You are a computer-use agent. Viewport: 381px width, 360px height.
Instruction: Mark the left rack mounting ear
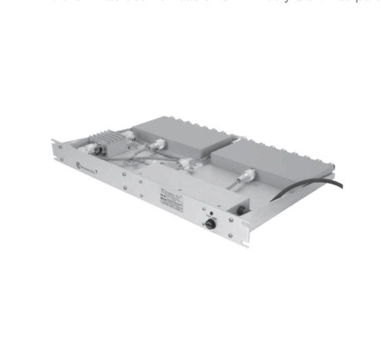click(56, 150)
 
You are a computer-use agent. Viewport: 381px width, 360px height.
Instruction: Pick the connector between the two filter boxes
click(185, 164)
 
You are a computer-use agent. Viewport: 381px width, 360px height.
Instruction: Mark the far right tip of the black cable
click(342, 182)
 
